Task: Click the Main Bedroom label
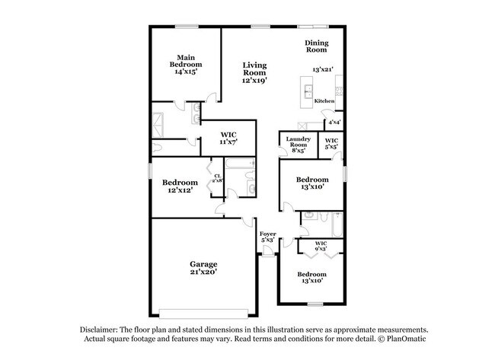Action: [x=185, y=61]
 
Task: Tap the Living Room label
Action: [x=254, y=72]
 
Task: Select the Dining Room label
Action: [x=316, y=46]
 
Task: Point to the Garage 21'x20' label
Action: [x=204, y=268]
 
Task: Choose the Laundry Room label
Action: [x=296, y=144]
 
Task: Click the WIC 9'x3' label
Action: [x=321, y=246]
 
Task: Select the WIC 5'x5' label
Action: [x=331, y=143]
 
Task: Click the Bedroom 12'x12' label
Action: [x=180, y=186]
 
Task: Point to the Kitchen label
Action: [x=324, y=101]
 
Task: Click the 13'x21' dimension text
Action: [x=324, y=69]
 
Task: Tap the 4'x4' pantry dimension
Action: [x=334, y=122]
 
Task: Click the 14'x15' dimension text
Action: [x=185, y=72]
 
